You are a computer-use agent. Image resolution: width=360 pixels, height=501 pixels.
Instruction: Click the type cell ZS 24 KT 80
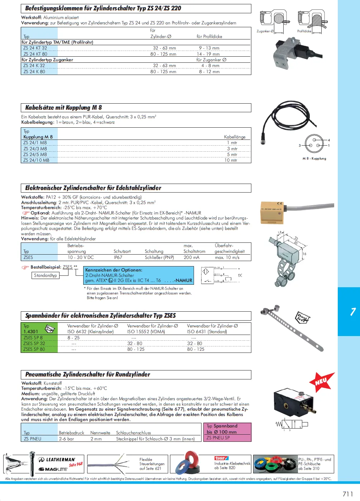[35, 54]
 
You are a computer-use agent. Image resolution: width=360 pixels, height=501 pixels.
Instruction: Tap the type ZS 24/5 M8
[35, 155]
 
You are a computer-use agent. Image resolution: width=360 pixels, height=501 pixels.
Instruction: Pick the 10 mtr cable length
[231, 160]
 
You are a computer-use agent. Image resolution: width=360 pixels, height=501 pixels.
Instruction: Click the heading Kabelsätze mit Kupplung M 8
[63, 108]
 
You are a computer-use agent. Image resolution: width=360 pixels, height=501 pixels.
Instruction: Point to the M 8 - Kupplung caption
[314, 159]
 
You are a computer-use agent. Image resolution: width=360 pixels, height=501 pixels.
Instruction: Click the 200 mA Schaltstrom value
[191, 257]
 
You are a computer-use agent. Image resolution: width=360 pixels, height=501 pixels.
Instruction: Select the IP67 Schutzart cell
[118, 257]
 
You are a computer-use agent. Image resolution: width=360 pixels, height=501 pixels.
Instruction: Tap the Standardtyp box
[46, 275]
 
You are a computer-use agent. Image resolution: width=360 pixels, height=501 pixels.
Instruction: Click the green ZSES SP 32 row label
[34, 344]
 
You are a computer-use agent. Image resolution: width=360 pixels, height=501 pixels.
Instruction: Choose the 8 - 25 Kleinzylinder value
[74, 338]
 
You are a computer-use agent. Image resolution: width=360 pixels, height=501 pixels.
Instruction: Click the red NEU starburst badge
[321, 382]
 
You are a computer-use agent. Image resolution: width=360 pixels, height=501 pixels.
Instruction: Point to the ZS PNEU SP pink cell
[218, 438]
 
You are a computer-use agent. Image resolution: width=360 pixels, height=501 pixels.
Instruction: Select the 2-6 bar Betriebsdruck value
[66, 439]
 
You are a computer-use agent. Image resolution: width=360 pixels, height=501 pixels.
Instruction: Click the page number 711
[348, 494]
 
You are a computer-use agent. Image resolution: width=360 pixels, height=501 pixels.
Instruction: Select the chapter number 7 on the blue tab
[353, 312]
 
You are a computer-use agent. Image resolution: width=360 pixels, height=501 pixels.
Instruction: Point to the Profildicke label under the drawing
[304, 32]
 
